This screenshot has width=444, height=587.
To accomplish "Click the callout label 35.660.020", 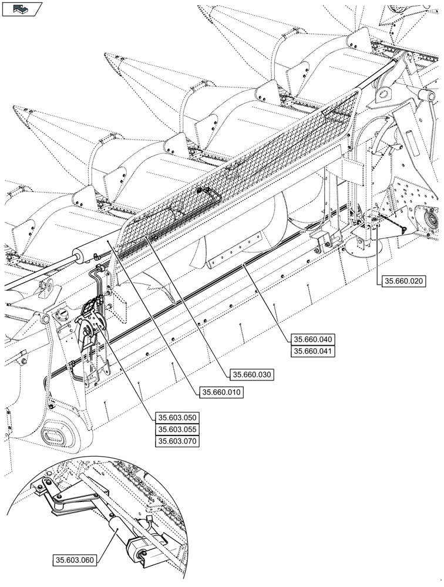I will point(403,281).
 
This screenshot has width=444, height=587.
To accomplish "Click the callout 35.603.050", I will point(177,418).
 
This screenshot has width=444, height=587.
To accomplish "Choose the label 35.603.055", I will point(177,430).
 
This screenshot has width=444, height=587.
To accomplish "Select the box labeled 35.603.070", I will point(177,441).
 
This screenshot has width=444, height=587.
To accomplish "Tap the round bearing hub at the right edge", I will point(433,220).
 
